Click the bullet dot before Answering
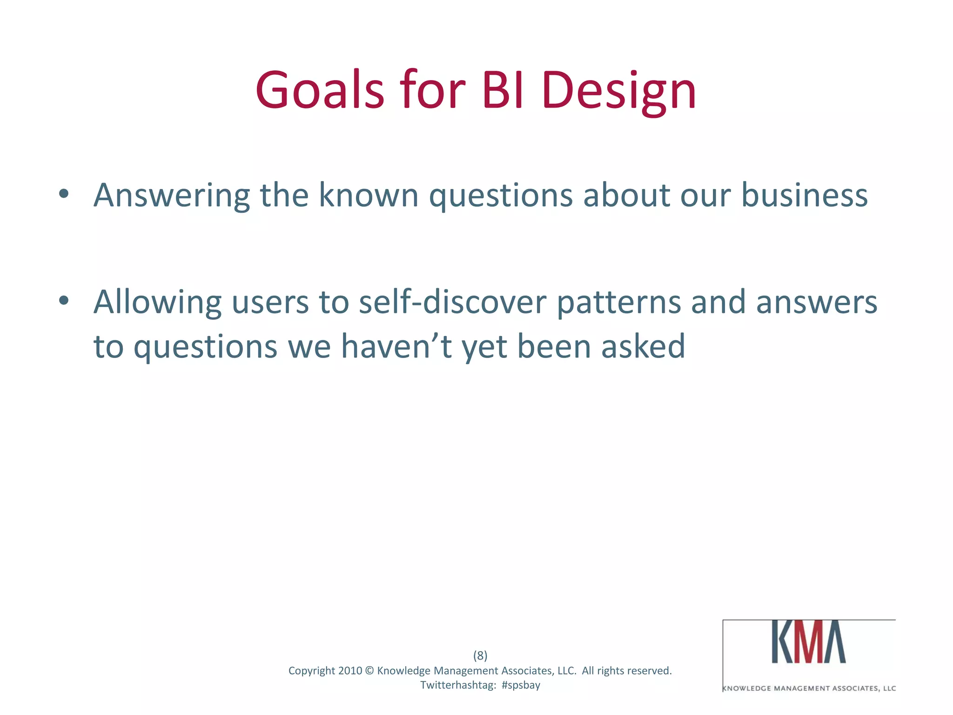coord(64,194)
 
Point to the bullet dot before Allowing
coord(64,301)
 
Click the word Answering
coord(172,196)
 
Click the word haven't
coord(396,346)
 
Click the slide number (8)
coord(480,655)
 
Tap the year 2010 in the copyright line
coord(350,671)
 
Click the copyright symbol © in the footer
coord(369,671)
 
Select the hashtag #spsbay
coord(521,685)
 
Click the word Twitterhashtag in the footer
coord(457,685)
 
